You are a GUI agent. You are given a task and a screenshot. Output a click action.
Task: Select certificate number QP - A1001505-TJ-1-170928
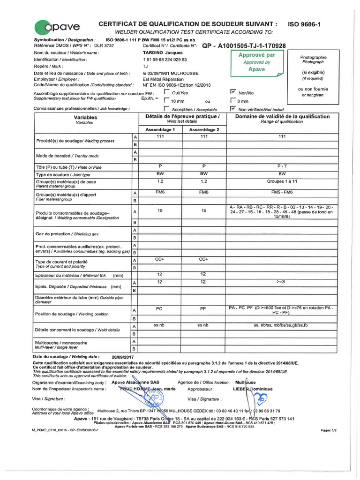pos(243,46)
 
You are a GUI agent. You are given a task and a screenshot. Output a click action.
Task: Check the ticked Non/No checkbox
pos(233,92)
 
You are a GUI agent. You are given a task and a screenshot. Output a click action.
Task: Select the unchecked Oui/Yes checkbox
pos(167,92)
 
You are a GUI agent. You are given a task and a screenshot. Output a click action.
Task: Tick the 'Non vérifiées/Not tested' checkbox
pos(233,108)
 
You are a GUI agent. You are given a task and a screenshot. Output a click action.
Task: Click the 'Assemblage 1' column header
pos(160,129)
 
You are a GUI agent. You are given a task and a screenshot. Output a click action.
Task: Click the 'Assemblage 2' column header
pos(204,129)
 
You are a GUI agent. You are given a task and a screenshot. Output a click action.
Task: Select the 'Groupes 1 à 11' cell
pos(282,181)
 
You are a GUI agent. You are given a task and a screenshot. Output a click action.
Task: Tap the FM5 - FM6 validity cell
pos(282,192)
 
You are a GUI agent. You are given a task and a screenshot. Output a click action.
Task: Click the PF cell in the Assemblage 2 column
pos(203,309)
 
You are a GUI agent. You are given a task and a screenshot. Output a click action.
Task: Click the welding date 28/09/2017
pos(122,356)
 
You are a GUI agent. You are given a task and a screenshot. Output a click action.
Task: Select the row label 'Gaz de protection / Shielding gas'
pos(67,234)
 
